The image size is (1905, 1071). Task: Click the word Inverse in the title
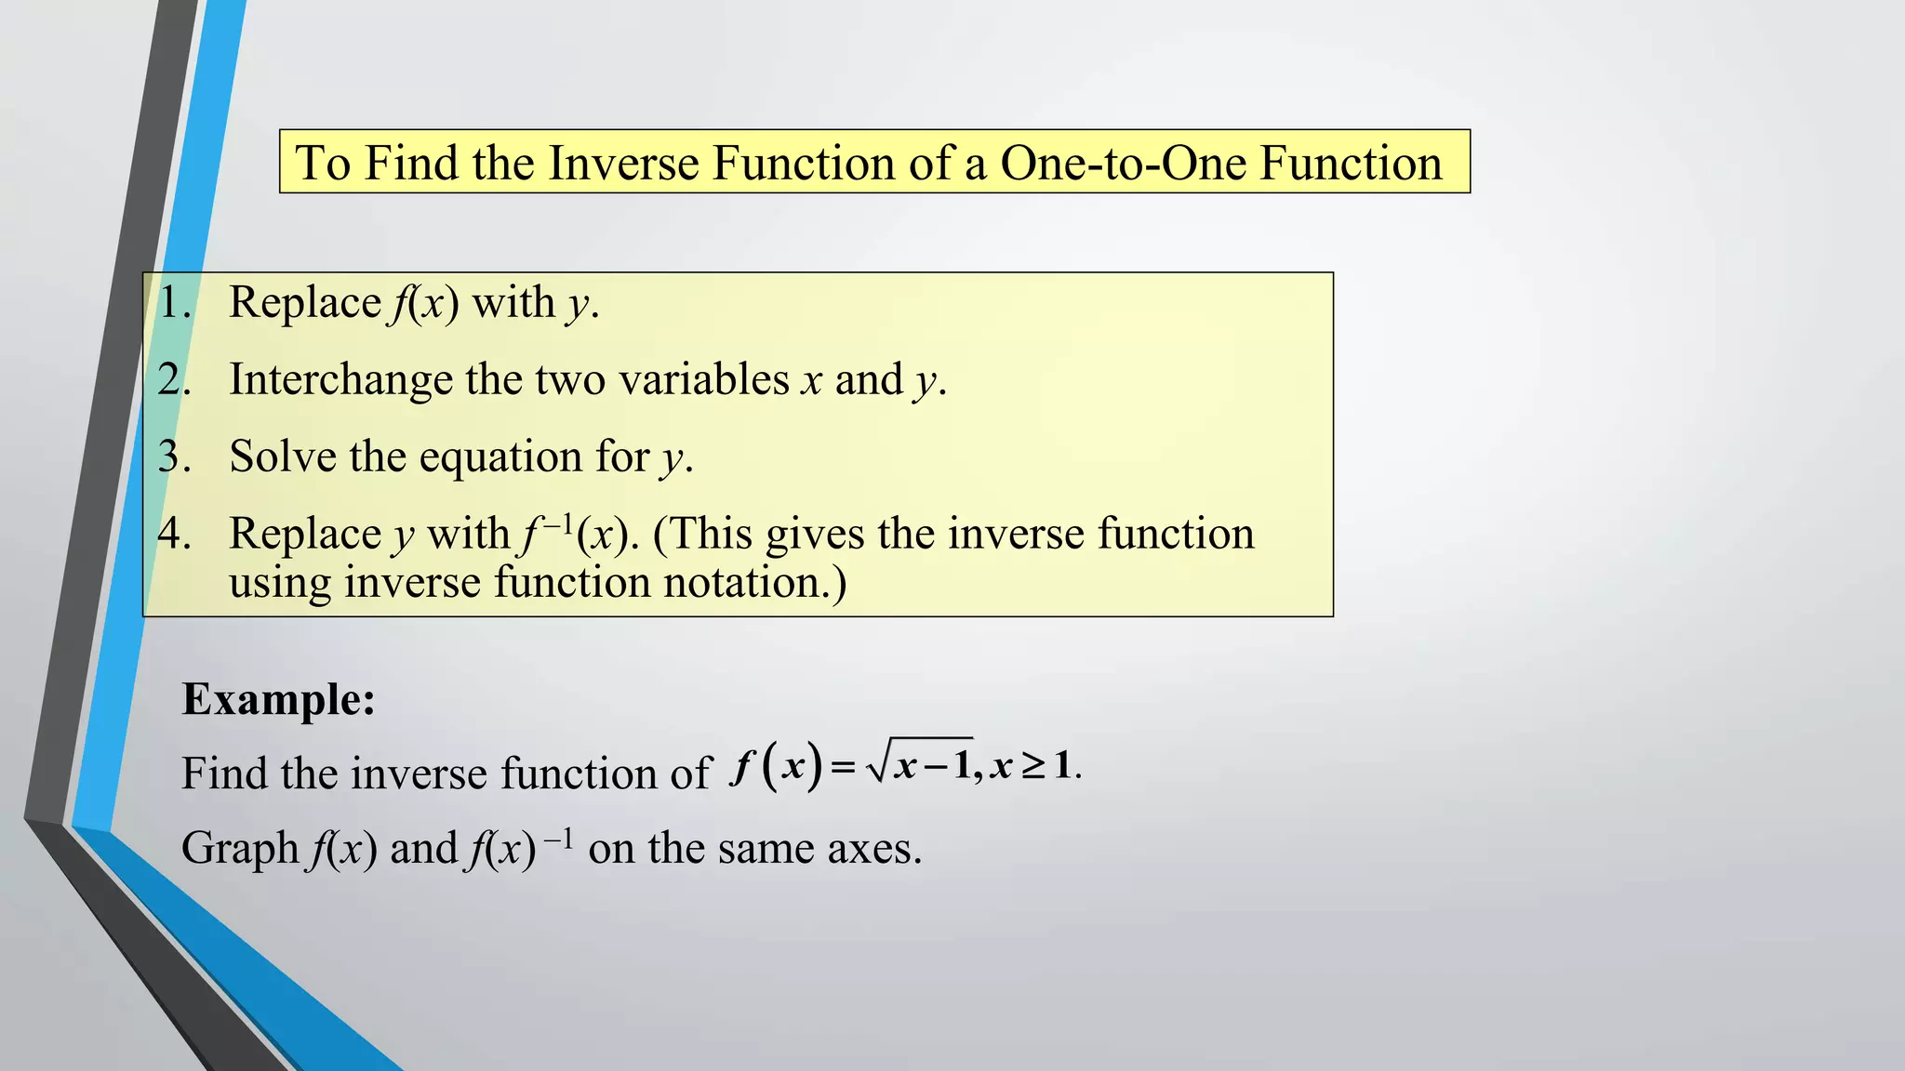623,163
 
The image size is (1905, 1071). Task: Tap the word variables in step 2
703,380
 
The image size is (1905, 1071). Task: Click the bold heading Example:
278,699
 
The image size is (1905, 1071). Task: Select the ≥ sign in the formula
1032,767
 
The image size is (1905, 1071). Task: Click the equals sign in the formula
842,768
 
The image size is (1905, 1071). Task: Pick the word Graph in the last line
239,849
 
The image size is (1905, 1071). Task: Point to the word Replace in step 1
304,303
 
